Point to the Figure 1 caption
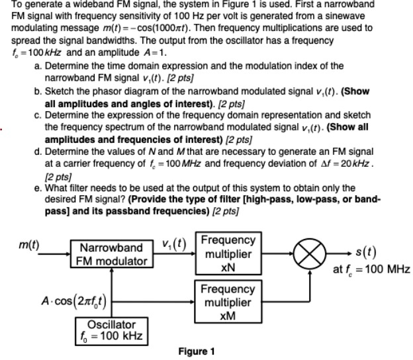(197, 351)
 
